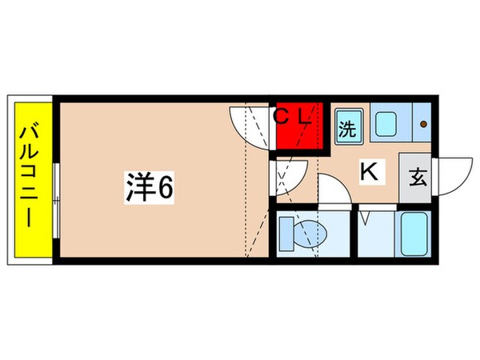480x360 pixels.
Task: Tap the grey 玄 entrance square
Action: point(418,178)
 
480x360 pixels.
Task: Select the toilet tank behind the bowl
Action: point(286,233)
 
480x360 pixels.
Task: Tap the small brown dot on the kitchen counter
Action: point(425,124)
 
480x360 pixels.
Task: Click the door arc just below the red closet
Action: point(290,174)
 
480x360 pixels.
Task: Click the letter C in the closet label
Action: point(282,116)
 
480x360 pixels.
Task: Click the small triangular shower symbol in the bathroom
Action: point(366,216)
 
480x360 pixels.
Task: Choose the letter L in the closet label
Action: point(304,116)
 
